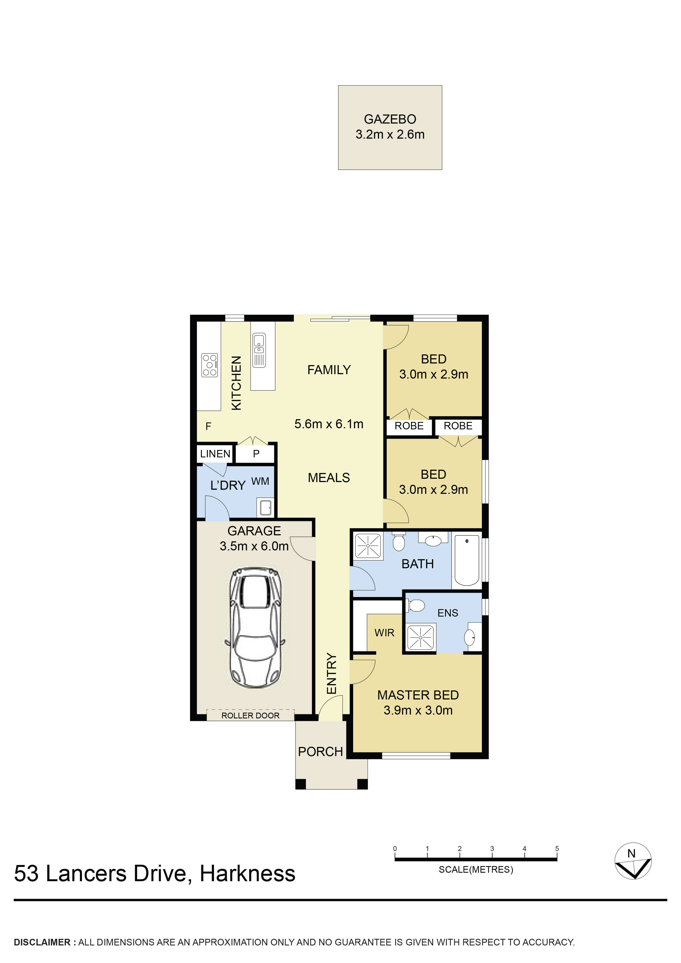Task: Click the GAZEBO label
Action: click(x=390, y=119)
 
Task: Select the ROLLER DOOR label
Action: click(x=250, y=716)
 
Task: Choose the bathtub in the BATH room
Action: click(x=467, y=560)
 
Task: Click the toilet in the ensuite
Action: click(x=415, y=606)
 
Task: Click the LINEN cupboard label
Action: click(x=215, y=454)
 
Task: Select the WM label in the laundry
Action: click(x=260, y=481)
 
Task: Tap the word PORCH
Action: click(x=320, y=752)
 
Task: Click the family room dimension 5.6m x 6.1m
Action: click(x=329, y=424)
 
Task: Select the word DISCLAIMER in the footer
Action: click(x=42, y=942)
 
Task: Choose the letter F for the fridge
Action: click(x=208, y=427)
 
